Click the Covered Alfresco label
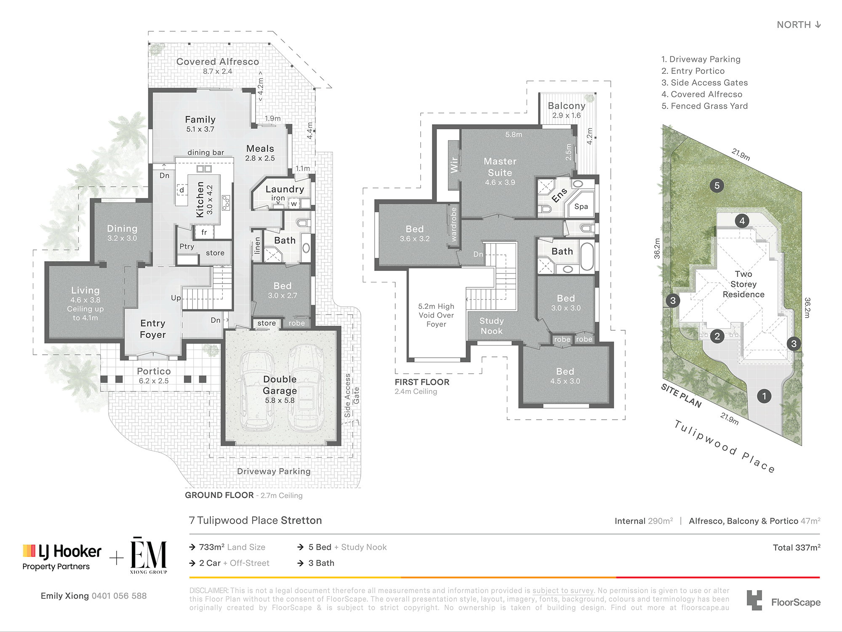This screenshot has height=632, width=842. coord(218,62)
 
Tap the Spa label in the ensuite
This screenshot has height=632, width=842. coord(581,206)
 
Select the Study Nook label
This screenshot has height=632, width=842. coord(492,326)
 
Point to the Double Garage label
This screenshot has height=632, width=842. coord(280,385)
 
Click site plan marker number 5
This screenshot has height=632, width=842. coord(717,185)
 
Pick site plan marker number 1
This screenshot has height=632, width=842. coord(764,396)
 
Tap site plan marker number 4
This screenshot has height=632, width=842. coord(742,220)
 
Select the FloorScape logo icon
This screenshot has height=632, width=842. coord(754,600)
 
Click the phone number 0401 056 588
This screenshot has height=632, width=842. coord(119,596)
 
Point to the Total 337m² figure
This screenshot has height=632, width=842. coord(797,547)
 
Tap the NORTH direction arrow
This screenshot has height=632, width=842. coord(818,24)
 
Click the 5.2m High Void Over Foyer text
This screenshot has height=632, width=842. coord(436,315)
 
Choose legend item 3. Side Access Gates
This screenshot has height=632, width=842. coord(705,83)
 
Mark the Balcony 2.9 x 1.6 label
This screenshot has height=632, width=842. coord(567,110)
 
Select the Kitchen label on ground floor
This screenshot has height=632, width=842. coord(200,199)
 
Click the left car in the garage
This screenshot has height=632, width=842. coord(256,390)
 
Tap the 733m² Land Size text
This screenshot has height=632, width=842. coord(232,547)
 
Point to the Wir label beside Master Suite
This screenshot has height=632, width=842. coord(454,165)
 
